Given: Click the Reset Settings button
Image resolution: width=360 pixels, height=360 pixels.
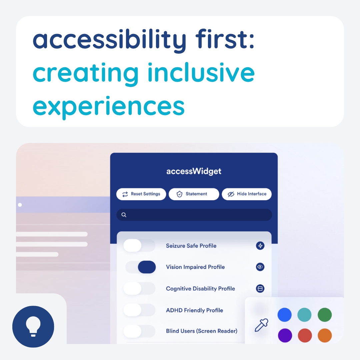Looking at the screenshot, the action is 141,194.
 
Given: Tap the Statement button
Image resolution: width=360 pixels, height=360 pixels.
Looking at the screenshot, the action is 194,194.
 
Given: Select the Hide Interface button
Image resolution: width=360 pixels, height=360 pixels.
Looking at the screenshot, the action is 247,194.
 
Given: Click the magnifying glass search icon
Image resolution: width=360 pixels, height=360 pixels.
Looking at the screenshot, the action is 124,215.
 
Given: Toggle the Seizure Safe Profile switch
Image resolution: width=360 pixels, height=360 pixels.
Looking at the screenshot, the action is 139,245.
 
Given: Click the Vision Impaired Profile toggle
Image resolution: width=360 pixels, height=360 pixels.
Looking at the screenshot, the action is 141,267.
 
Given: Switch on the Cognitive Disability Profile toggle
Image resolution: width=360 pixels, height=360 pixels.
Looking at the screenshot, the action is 139,288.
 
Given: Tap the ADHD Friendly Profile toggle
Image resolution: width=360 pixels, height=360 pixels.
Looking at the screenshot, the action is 139,310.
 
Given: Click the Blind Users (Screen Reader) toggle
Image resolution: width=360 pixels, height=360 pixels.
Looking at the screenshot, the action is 139,331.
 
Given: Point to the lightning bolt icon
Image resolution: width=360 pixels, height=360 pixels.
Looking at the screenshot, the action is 260,246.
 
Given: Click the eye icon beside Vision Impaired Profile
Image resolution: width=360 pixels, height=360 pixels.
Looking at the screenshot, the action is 260,267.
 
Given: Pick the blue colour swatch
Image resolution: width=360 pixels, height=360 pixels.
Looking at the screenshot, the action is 284,315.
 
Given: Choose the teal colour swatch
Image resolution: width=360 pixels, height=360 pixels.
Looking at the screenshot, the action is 304,315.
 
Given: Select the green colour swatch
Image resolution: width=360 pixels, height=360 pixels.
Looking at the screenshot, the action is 325,315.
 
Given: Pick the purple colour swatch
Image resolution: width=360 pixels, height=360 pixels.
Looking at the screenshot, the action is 285,335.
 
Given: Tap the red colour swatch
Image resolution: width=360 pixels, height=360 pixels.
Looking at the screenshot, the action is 305,335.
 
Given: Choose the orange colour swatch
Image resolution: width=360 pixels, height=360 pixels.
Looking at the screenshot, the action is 325,335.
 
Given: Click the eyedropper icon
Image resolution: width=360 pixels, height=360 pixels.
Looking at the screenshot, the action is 261,325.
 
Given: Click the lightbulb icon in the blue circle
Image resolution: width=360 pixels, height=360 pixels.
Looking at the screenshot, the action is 33,326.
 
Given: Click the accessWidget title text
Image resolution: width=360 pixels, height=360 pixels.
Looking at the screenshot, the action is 194,172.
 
